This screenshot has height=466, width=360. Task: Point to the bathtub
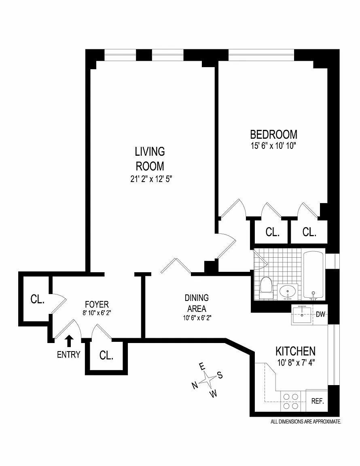pyautogui.click(x=313, y=275)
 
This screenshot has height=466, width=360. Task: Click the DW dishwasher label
pyautogui.click(x=320, y=314)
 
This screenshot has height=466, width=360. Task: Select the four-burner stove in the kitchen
pyautogui.click(x=290, y=401)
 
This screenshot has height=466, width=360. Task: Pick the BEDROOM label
pyautogui.click(x=273, y=134)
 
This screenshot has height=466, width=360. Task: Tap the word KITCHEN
pyautogui.click(x=295, y=351)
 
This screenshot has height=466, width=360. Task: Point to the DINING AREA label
pyautogui.click(x=197, y=302)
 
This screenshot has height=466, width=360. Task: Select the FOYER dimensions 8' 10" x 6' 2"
pyautogui.click(x=97, y=312)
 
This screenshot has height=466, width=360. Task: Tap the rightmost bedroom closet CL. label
pyautogui.click(x=309, y=232)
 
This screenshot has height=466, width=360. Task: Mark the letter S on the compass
pyautogui.click(x=220, y=375)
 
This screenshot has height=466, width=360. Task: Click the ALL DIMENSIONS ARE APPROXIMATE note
pyautogui.click(x=306, y=422)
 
